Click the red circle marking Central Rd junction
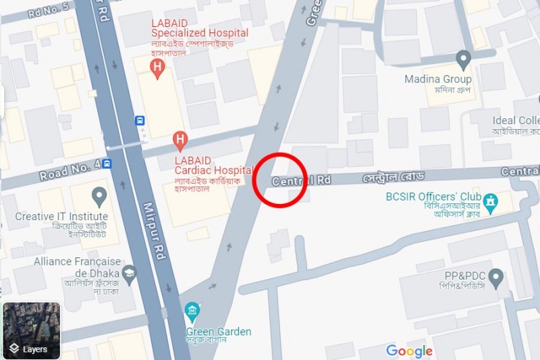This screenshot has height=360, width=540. click(x=279, y=179)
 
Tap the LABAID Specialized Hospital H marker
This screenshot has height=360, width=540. click(x=158, y=68)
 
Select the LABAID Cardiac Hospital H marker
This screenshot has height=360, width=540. click(x=180, y=140)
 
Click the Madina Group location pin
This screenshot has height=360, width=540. click(x=463, y=59)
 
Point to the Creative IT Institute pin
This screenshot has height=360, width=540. click(x=100, y=197)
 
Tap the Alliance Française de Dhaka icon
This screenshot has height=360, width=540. click(x=129, y=274)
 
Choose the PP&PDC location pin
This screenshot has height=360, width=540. click(x=496, y=277)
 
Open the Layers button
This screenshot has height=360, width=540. click(x=31, y=330)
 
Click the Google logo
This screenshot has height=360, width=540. click(x=410, y=351)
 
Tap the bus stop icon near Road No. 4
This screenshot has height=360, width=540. click(x=107, y=163)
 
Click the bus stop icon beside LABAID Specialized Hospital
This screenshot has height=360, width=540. click(x=140, y=121)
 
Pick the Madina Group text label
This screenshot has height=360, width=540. click(x=438, y=80)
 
